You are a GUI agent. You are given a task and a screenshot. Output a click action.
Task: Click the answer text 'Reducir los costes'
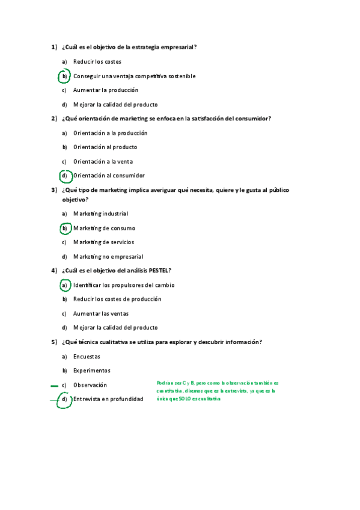coord(97,61)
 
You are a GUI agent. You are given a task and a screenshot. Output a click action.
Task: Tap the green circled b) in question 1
coord(64,76)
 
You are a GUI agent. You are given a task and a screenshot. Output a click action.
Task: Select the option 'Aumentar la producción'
coord(105,90)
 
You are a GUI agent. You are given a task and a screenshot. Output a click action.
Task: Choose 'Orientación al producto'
coord(105,147)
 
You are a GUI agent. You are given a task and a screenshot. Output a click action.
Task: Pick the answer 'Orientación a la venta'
coord(103,161)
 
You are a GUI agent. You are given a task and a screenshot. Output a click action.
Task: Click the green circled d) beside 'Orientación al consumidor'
coord(64,176)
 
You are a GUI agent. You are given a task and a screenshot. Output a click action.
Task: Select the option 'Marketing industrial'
coord(100,214)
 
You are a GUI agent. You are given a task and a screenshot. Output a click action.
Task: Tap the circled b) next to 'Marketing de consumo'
coord(64,229)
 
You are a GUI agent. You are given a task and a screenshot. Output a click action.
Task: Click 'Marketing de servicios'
coord(103,242)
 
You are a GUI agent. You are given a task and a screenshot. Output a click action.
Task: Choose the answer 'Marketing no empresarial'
coord(108,256)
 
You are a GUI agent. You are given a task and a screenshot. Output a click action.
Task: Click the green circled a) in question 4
coord(64,285)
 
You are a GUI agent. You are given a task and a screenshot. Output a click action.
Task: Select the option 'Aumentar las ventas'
coord(100,313)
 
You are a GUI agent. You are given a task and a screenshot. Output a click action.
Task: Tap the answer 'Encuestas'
coord(87,357)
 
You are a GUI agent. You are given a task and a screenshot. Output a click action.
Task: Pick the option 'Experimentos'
coord(92,370)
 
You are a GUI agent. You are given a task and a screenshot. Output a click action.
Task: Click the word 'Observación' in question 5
coord(90,385)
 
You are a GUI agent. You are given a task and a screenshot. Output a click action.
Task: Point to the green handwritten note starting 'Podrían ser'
coord(217,390)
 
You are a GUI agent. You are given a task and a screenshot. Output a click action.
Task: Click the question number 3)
coord(54,190)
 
